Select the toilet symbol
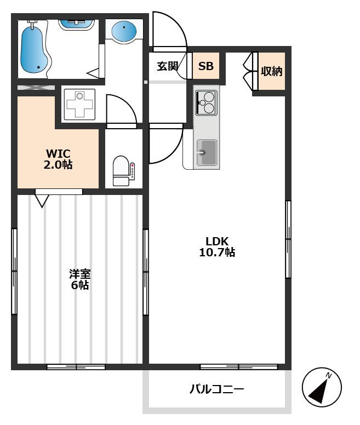pyautogui.click(x=121, y=171)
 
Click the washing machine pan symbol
pyautogui.click(x=79, y=105)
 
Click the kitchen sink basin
pyautogui.click(x=207, y=152)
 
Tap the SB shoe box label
pyautogui.click(x=205, y=66)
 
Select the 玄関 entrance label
pyautogui.click(x=168, y=66)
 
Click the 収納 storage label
pyautogui.click(x=271, y=71)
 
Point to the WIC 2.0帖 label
pyautogui.click(x=58, y=159)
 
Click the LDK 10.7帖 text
pyautogui.click(x=217, y=246)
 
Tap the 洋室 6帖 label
pyautogui.click(x=79, y=279)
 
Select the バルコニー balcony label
pyautogui.click(x=216, y=389)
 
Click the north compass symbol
pyautogui.click(x=322, y=387)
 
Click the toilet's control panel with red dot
pyautogui.click(x=132, y=171)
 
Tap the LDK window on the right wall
pyautogui.click(x=288, y=239)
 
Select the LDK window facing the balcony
pyautogui.click(x=239, y=367)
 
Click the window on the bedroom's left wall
pyautogui.click(x=14, y=272)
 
